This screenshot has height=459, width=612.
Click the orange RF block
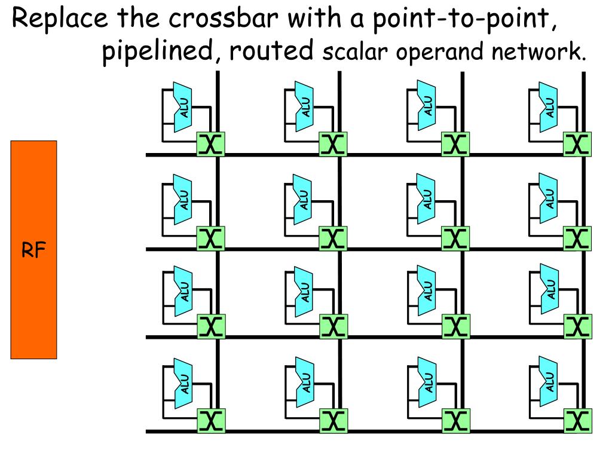pos(33,250)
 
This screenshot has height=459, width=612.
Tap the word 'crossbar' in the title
pos(221,20)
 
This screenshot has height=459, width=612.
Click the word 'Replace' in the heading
pos(60,22)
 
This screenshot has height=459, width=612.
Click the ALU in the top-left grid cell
pos(183,109)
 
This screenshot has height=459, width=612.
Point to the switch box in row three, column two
pos(332,326)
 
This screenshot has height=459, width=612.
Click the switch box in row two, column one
pos(210,238)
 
